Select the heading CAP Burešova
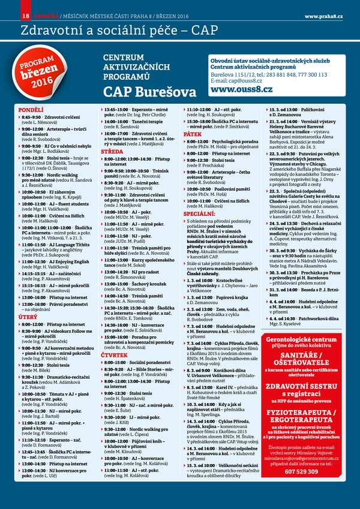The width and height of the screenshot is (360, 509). click(149, 92)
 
